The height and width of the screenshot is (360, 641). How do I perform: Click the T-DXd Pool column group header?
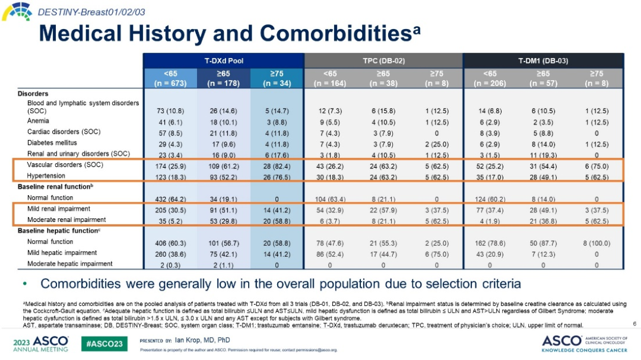pyautogui.click(x=223, y=60)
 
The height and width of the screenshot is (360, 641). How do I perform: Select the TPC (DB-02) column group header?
pyautogui.click(x=383, y=60)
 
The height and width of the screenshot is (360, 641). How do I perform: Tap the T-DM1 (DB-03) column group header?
pyautogui.click(x=543, y=60)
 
